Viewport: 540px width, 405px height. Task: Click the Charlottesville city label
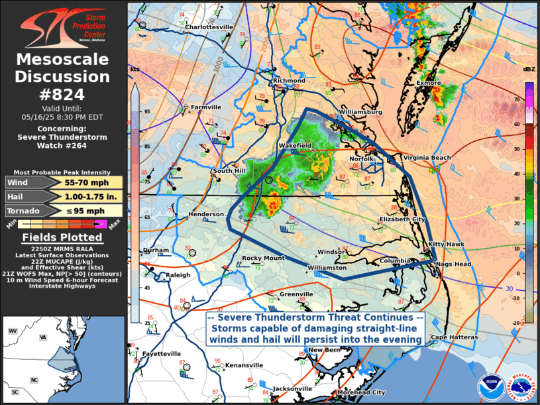tap(209, 27)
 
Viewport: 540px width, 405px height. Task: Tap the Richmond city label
tap(289, 81)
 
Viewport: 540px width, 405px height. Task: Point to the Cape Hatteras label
tap(454, 337)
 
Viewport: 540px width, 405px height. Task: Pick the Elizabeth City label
tap(402, 219)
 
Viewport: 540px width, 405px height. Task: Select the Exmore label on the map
tap(429, 83)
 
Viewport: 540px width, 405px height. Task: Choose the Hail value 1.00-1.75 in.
tap(85, 197)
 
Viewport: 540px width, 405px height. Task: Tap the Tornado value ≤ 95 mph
tap(85, 211)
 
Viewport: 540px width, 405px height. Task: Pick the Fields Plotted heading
tap(62, 237)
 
